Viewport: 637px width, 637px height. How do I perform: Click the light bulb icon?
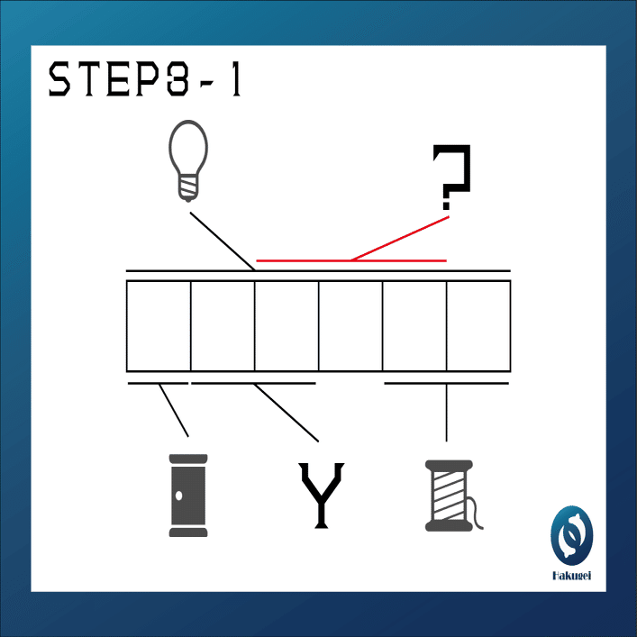point(188,160)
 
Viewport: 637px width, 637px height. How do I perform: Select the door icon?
point(188,496)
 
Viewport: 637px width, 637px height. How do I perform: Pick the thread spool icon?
point(450,496)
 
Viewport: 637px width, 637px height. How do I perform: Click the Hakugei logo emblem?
point(571,535)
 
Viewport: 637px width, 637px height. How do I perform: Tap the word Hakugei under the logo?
point(571,576)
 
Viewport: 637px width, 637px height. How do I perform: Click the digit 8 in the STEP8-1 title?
point(177,78)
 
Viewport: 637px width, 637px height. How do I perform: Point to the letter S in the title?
point(59,78)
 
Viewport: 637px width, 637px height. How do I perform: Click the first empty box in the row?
point(159,326)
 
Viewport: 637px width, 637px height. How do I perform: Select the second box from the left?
point(223,326)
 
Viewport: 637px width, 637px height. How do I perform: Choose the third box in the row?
point(287,326)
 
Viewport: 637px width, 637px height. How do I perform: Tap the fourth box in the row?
point(350,326)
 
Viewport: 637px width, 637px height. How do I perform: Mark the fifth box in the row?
point(414,326)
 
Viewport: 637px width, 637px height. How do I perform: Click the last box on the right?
point(478,326)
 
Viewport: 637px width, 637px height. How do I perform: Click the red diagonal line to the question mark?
point(400,239)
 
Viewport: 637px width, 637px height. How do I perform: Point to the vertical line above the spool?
point(447,413)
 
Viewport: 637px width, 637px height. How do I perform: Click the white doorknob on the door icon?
point(178,496)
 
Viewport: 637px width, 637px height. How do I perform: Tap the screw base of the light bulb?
point(188,187)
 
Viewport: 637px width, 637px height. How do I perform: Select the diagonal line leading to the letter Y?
point(286,413)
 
